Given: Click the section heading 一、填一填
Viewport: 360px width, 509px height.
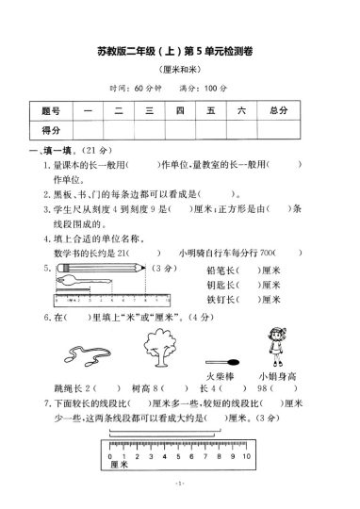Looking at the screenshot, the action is coord(48,150).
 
